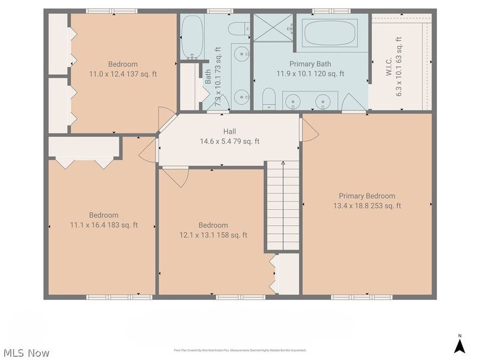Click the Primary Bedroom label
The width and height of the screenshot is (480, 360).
pyautogui.click(x=367, y=196)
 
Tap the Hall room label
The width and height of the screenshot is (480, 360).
pyautogui.click(x=229, y=131)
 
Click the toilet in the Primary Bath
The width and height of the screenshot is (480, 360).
pyautogui.click(x=270, y=99)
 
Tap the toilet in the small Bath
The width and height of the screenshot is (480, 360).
pyautogui.click(x=238, y=28)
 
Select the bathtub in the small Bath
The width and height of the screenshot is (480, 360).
pyautogui.click(x=191, y=37)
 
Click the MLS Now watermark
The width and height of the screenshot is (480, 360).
pyautogui.click(x=27, y=353)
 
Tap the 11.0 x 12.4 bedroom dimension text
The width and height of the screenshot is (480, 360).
pyautogui.click(x=123, y=74)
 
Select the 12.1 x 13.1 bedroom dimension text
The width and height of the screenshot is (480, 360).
pyautogui.click(x=213, y=235)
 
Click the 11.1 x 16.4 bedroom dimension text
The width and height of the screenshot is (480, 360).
pyautogui.click(x=103, y=225)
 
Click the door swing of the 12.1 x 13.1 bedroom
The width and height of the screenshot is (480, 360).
pyautogui.click(x=176, y=177)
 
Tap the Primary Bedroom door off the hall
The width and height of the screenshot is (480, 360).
pyautogui.click(x=309, y=130)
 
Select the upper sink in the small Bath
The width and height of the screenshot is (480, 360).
pyautogui.click(x=242, y=53)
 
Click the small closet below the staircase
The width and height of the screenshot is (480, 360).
pyautogui.click(x=289, y=273)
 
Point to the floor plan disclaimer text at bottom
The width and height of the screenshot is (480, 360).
pyautogui.click(x=240, y=350)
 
